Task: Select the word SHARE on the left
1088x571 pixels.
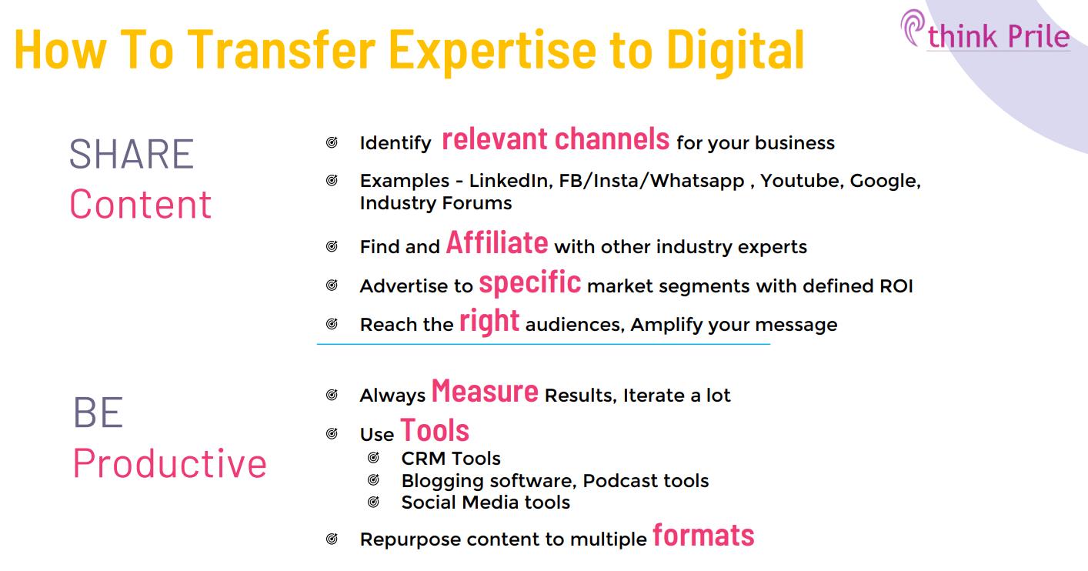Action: pos(131,154)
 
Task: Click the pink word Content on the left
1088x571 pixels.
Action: pos(140,205)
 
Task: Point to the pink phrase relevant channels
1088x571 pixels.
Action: pos(556,139)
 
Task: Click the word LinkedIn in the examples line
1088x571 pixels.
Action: pos(509,182)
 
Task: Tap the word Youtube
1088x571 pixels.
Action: pos(801,182)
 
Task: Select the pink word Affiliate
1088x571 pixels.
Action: pos(497,243)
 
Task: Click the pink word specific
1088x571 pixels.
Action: pos(529,282)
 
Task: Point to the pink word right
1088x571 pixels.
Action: pos(489,321)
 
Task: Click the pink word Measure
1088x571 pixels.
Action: pos(485,392)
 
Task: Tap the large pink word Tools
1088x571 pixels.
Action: pos(435,430)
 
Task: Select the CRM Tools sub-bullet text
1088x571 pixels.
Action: pos(451,459)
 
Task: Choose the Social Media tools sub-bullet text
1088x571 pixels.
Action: pos(486,503)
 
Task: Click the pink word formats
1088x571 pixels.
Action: pos(703,536)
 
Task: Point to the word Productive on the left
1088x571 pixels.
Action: pos(169,463)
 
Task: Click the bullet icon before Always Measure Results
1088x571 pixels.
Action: pos(332,396)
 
